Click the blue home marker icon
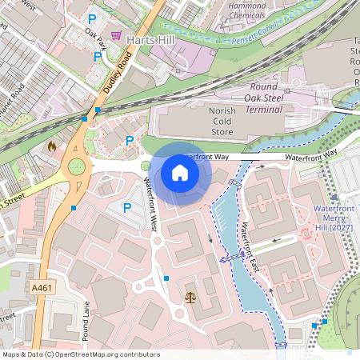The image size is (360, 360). [180, 173]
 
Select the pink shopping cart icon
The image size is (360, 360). [117, 35]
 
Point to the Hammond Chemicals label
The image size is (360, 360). [247, 10]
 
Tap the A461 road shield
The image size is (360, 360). [42, 287]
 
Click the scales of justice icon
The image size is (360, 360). [190, 297]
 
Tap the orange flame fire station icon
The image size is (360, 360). [53, 147]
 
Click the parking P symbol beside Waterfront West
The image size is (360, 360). [126, 208]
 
